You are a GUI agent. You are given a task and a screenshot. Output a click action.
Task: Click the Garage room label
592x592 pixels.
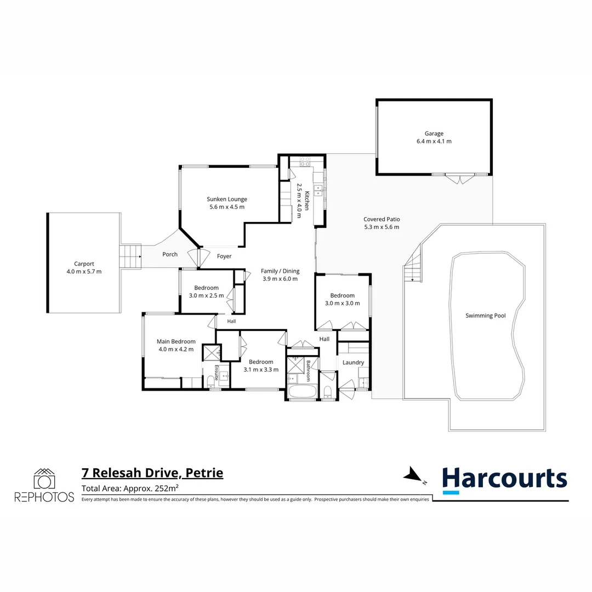tap(434, 133)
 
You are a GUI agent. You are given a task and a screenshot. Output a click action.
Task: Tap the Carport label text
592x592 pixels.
tap(84, 264)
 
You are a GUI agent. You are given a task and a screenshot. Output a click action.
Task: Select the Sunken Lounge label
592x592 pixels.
tap(227, 199)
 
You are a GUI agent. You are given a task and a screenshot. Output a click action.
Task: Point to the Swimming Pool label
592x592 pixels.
tap(486, 316)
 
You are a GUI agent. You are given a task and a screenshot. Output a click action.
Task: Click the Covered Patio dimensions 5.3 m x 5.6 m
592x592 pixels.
tap(382, 227)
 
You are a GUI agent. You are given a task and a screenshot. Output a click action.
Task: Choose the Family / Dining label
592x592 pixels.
tap(280, 271)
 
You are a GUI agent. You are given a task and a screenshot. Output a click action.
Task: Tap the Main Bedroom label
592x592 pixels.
tap(176, 341)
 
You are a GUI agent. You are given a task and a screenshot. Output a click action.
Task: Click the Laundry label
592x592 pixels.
tap(353, 362)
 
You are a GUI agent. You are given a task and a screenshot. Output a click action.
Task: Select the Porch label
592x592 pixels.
tap(170, 254)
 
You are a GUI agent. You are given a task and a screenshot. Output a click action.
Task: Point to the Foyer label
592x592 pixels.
tap(224, 257)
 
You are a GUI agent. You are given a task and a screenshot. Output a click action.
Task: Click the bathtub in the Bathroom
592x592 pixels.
tap(301, 391)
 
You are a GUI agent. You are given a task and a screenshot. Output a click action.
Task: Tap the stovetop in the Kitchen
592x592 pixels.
tap(305, 162)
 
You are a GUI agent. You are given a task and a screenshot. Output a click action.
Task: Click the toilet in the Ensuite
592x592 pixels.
tap(210, 380)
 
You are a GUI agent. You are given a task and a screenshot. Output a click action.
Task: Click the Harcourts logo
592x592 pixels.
tap(504, 480)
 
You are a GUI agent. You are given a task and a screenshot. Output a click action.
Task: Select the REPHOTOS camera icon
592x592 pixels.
tap(44, 479)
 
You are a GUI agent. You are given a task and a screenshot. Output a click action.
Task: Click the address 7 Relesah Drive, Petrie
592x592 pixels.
tap(152, 473)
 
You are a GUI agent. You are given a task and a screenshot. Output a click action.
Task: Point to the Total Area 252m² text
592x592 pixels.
tap(130, 488)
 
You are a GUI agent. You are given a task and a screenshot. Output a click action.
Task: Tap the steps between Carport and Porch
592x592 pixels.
tap(130, 257)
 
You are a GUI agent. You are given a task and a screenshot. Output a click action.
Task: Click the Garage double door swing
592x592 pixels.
tap(459, 179)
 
